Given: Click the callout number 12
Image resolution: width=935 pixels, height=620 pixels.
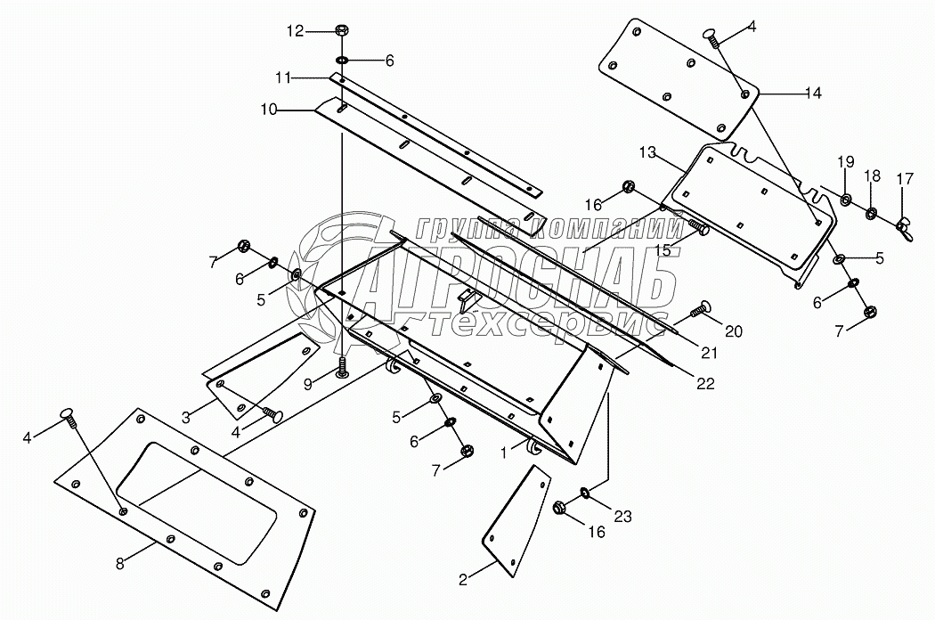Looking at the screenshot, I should point(294,31).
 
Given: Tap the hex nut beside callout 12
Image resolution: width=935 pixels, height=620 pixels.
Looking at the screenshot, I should point(342,31).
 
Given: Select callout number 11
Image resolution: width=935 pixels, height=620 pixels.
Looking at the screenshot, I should point(282,78).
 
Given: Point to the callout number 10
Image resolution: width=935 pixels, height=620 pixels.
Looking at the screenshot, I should point(269,110).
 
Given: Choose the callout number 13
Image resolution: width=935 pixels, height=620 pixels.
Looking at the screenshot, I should point(646,153).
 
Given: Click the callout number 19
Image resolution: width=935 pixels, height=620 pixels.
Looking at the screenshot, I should point(845,161).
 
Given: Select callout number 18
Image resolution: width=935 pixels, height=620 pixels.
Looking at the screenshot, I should point(872,175).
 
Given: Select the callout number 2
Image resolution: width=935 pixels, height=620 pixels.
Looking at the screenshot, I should point(462,579).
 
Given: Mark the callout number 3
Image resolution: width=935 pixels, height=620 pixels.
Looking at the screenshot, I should point(185,417).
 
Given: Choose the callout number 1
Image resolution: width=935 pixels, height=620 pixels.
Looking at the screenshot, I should point(503,453).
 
